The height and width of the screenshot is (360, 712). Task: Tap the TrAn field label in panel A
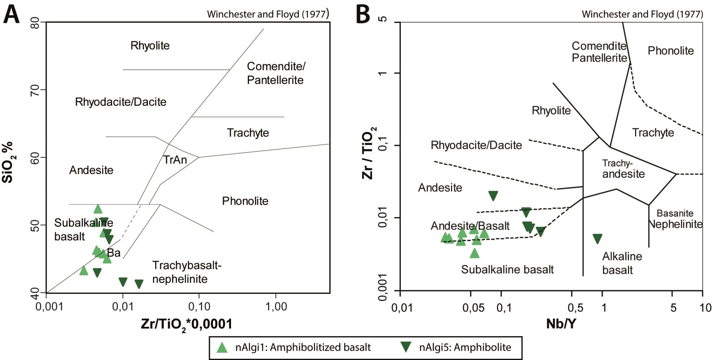coord(175,160)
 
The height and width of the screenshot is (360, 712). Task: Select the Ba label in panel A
coord(114,253)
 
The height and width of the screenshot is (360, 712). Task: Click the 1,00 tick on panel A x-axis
coord(276,306)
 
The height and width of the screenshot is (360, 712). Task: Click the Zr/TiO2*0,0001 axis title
coord(187,324)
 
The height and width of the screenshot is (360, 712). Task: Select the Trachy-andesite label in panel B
coord(623,168)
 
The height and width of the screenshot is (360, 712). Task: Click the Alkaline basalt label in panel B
coord(622,263)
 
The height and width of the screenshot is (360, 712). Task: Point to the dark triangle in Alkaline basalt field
coord(597,239)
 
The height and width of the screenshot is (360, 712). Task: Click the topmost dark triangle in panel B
coord(493,195)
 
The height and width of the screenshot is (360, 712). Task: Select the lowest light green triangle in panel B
coord(475,253)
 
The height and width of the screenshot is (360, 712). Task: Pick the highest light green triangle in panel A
coord(98,209)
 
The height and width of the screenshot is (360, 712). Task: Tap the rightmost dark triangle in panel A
coord(139,284)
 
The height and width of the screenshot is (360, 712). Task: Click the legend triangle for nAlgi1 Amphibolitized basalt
coord(222,347)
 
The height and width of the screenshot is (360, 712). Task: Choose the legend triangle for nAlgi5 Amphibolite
coord(406,347)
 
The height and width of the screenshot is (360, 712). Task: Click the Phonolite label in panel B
coord(670,51)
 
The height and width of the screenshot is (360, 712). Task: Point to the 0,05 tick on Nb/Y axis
coord(473,307)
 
